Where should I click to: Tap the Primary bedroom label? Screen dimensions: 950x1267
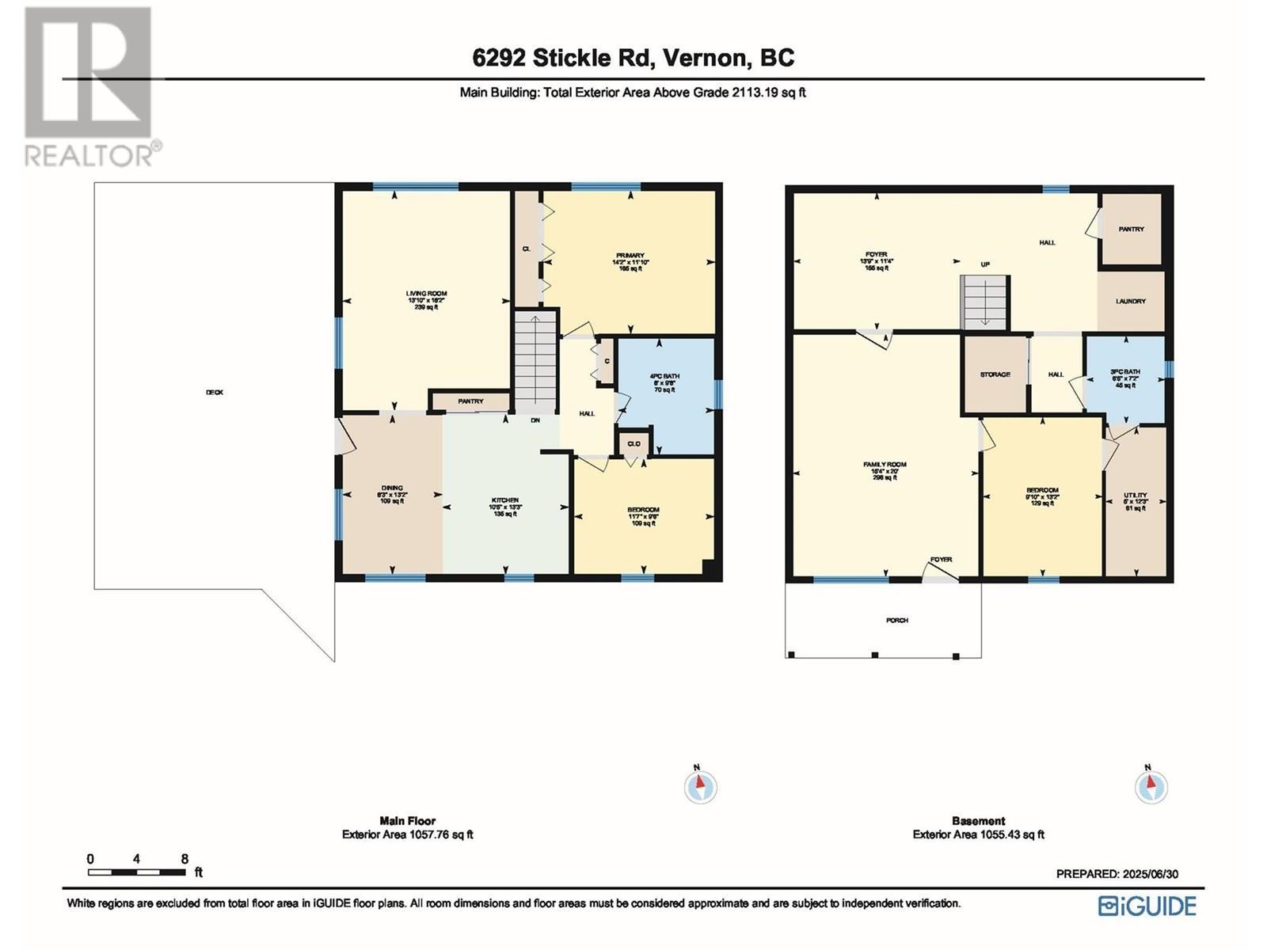coord(631,256)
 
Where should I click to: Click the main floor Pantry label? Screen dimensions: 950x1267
coord(470,401)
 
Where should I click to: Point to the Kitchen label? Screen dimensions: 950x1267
coord(505,500)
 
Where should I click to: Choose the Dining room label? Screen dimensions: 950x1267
coord(391,488)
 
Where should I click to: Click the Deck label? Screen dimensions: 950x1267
coord(215,392)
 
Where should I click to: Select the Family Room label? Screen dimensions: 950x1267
coord(885,465)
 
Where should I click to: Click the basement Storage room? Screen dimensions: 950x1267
coord(995,374)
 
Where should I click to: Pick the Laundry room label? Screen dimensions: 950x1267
coord(1130,301)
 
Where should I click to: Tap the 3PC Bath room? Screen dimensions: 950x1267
coord(1124,372)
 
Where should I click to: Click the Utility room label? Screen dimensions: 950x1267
coord(1135,496)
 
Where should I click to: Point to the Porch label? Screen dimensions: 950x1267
coord(897,620)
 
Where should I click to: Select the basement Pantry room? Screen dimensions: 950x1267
coord(1131,229)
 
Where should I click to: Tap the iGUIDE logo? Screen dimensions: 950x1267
coord(1147,906)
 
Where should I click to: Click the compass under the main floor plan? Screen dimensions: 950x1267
coord(700,786)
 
